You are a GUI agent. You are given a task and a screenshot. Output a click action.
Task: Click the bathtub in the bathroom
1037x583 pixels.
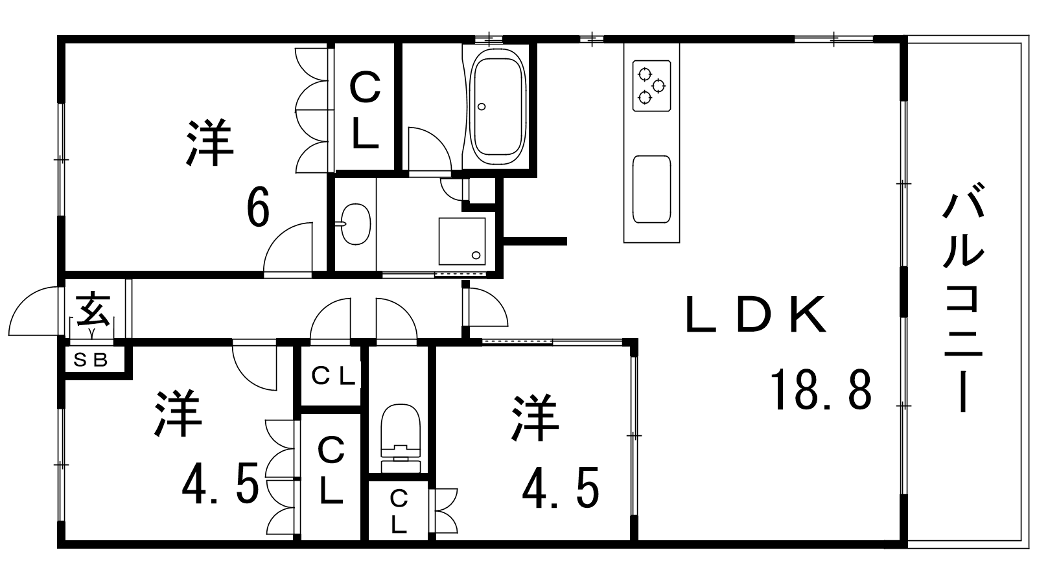(497, 107)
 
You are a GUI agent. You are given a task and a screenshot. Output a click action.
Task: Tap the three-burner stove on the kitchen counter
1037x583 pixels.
(651, 86)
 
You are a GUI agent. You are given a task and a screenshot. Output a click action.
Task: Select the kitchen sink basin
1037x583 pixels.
(651, 189)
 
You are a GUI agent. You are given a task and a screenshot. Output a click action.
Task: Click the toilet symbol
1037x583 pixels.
(401, 438)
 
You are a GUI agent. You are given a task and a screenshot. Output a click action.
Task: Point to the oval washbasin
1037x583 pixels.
(356, 224)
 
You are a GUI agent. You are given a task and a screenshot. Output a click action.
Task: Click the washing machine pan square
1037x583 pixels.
(462, 241)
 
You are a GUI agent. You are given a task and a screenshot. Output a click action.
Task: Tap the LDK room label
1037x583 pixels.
(756, 315)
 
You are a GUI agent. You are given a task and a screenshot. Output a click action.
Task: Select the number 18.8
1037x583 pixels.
(821, 389)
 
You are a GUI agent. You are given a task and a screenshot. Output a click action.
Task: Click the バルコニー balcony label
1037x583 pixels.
(963, 303)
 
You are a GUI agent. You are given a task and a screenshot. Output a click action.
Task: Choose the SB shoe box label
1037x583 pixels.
(91, 360)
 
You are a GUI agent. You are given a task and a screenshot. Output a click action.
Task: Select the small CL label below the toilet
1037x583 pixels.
(399, 512)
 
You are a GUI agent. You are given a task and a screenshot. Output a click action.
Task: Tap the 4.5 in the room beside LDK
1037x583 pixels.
(561, 488)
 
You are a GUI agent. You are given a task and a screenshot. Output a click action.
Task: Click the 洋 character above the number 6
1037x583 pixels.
(210, 143)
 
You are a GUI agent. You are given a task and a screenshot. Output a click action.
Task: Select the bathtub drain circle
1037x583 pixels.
(482, 106)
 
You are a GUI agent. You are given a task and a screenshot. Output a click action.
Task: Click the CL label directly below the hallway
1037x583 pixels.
(333, 376)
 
